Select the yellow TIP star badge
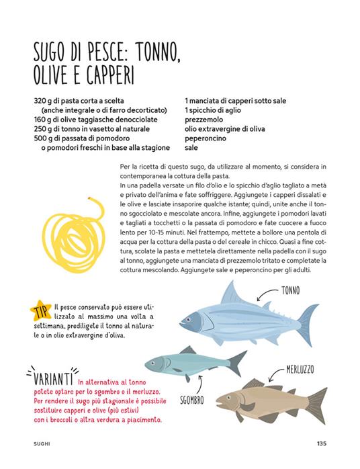click(40, 310)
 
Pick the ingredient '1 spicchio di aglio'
click(217, 110)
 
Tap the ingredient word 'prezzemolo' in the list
click(206, 120)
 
